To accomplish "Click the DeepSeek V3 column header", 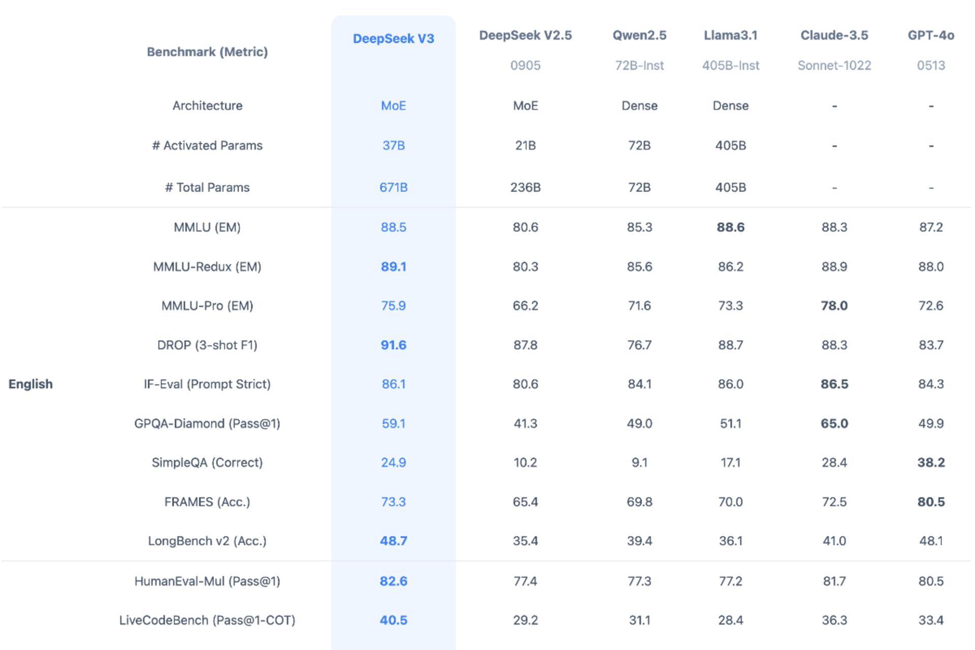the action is tap(394, 39).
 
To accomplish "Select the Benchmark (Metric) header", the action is tap(207, 52).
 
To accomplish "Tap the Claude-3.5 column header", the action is tap(834, 35).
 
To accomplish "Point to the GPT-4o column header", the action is tap(931, 35).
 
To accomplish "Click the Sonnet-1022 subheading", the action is tap(834, 66).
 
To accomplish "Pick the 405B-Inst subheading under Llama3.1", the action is tap(731, 66).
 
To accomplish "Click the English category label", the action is tap(30, 384).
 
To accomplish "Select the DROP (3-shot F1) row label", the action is tap(207, 345).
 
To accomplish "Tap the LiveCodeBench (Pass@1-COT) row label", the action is tap(207, 620).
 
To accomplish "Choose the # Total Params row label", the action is tap(207, 187).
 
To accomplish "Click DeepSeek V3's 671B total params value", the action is tap(394, 187).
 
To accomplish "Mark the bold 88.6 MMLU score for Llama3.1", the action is tap(731, 227).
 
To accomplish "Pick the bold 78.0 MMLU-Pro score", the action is tap(834, 306).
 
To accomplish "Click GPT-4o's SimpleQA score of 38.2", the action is tap(931, 463).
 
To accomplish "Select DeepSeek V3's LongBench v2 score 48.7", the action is tap(394, 541).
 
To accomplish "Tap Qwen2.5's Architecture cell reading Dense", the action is tap(639, 106).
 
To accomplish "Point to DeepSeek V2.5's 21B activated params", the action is tap(525, 146).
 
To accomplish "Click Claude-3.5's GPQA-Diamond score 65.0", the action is tap(834, 424).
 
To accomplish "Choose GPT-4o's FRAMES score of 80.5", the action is tap(931, 502).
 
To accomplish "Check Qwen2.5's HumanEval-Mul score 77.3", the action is tap(639, 581).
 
